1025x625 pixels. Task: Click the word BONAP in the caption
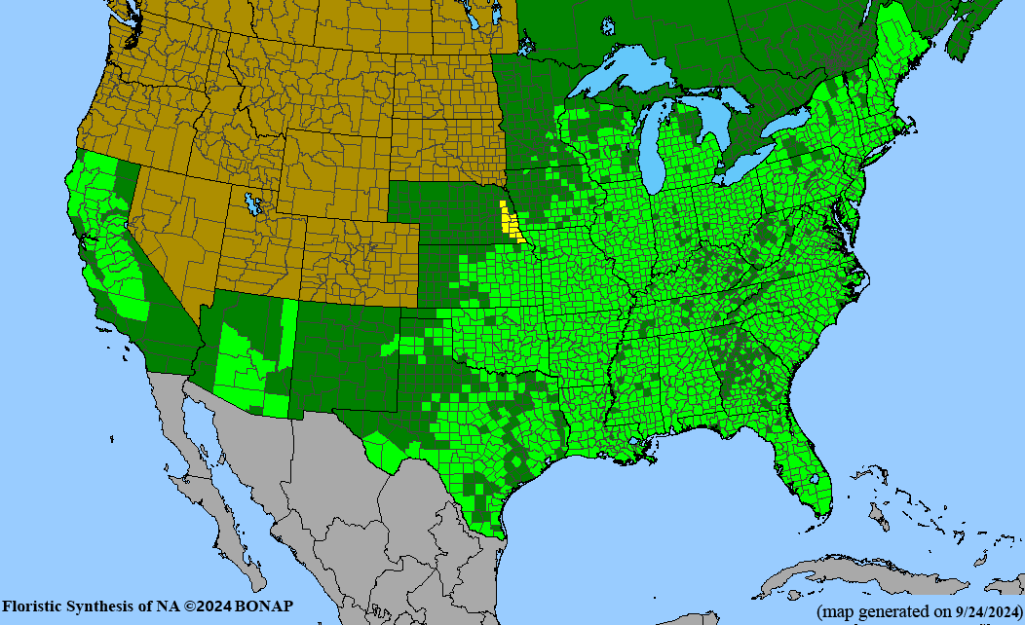coord(263,607)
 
